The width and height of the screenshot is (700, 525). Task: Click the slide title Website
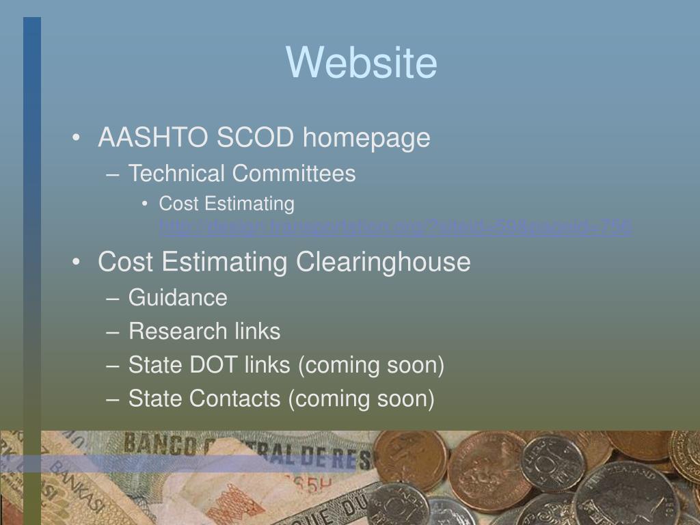pos(361,62)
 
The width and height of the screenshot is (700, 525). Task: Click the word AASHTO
pos(153,138)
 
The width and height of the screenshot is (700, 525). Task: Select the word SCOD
pos(255,138)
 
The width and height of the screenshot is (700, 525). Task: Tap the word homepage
pos(366,139)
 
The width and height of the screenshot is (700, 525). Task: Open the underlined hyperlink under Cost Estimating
pos(395,227)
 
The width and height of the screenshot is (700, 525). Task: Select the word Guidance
pos(178,298)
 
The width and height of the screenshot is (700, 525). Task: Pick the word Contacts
pos(234,399)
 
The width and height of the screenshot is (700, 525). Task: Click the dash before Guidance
pos(113,299)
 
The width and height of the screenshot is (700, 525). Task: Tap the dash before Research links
pos(113,332)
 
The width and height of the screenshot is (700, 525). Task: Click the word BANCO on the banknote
pos(159,445)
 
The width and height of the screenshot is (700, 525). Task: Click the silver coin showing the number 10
pos(552,463)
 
